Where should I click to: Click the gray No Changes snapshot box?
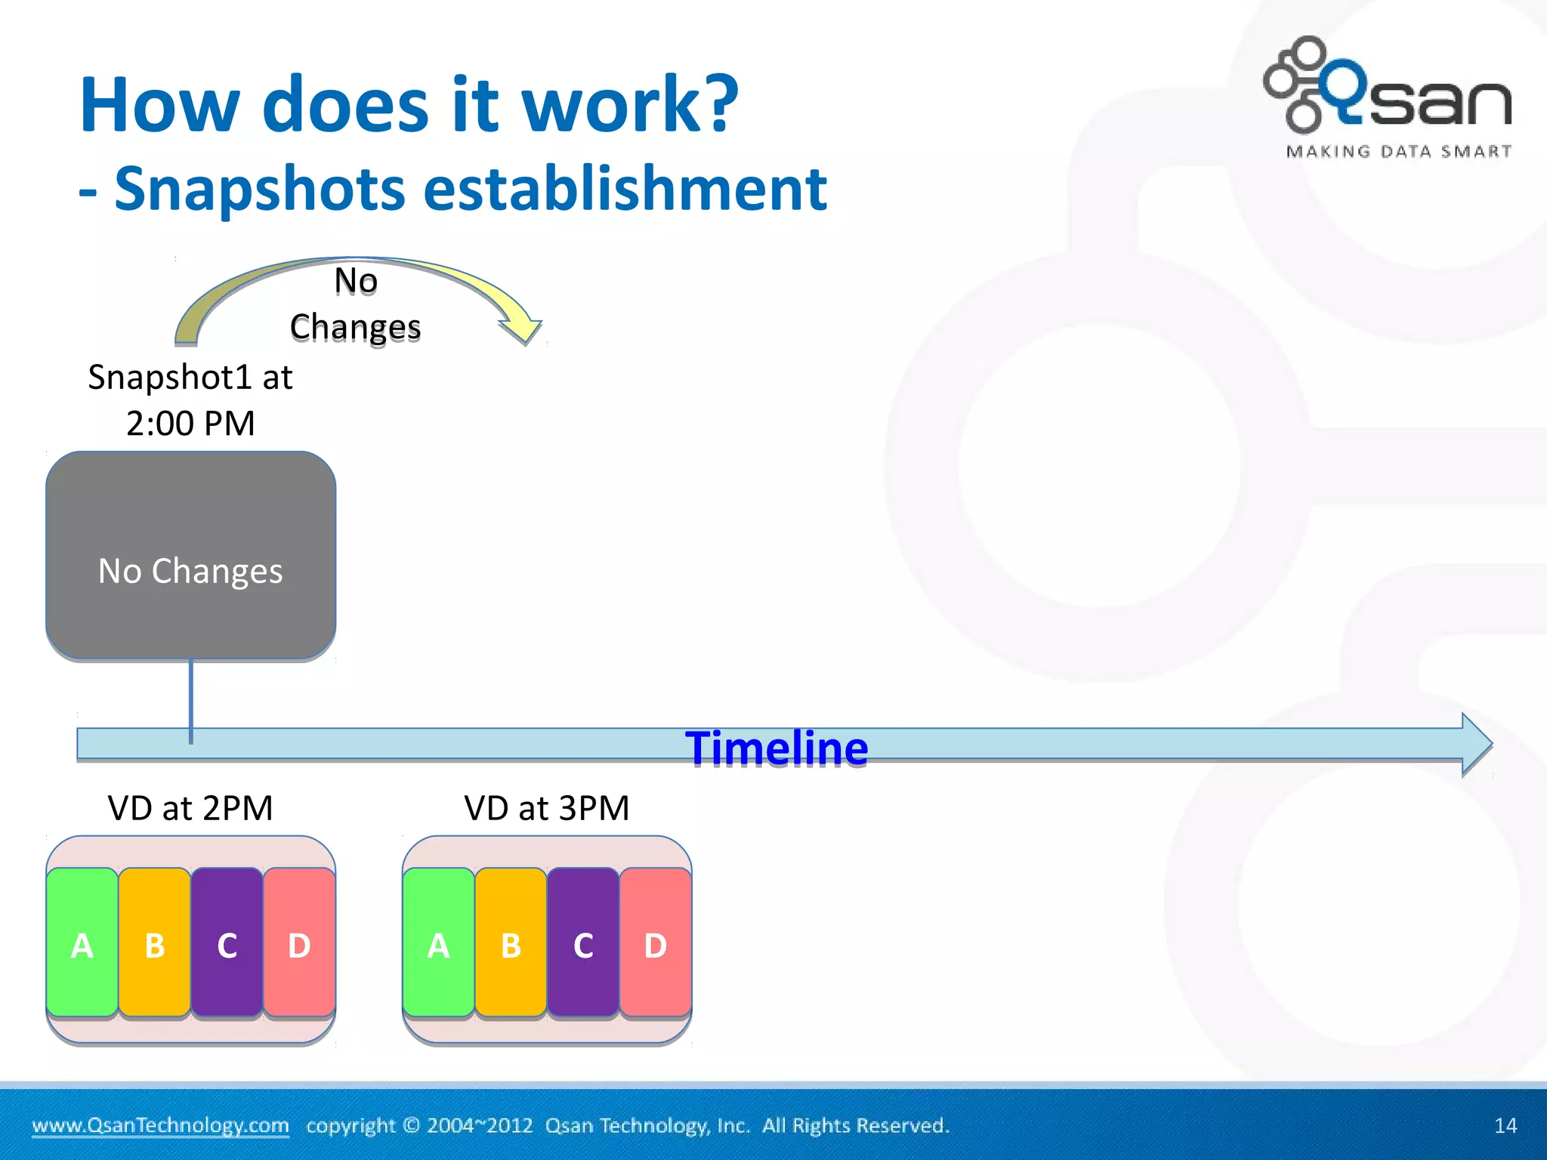click(190, 555)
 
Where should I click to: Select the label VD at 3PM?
click(546, 808)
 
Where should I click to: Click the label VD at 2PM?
click(190, 808)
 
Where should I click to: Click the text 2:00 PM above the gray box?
click(190, 423)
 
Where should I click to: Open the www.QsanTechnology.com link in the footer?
click(160, 1125)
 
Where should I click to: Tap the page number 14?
click(1505, 1125)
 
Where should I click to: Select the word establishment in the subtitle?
click(625, 189)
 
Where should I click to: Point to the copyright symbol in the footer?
click(411, 1125)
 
